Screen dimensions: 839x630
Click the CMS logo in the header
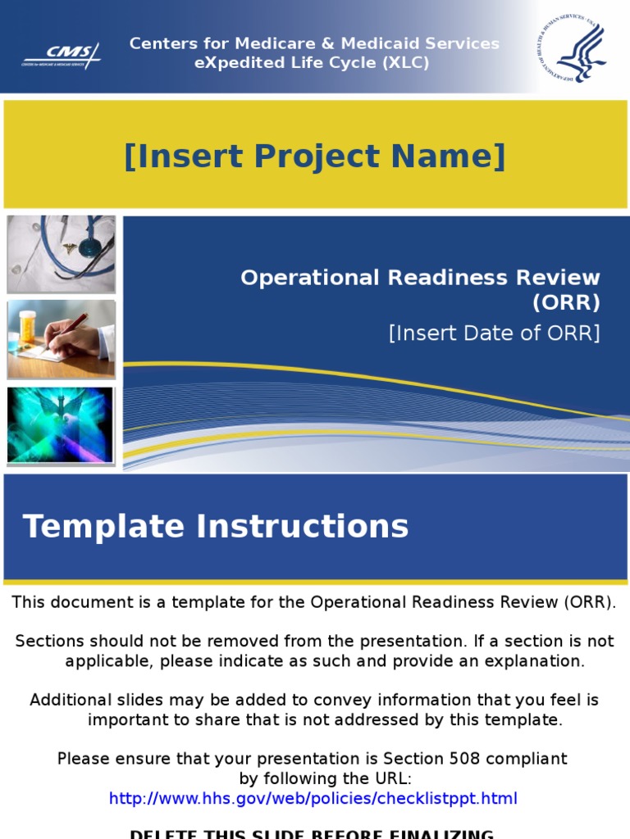pyautogui.click(x=62, y=56)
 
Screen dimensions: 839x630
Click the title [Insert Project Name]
pyautogui.click(x=314, y=156)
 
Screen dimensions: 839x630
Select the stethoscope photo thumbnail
pyautogui.click(x=62, y=254)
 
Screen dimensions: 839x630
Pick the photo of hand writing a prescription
pyautogui.click(x=62, y=338)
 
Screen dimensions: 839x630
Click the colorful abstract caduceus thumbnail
pyautogui.click(x=60, y=425)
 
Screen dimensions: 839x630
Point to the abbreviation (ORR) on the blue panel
pyautogui.click(x=566, y=302)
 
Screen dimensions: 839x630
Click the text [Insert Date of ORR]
pyautogui.click(x=494, y=333)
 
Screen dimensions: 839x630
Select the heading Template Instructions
pyautogui.click(x=216, y=526)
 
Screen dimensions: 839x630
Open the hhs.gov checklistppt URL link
pyautogui.click(x=313, y=798)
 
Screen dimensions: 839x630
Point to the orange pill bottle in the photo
pyautogui.click(x=27, y=325)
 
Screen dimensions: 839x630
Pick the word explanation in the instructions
pyautogui.click(x=535, y=660)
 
